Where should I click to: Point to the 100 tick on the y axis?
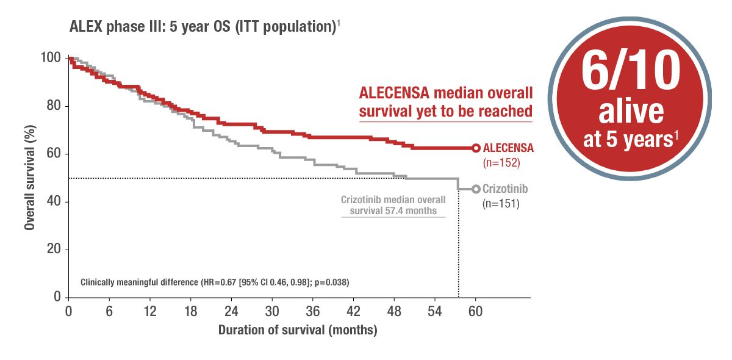click(x=52, y=58)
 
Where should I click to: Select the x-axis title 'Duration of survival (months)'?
click(x=298, y=331)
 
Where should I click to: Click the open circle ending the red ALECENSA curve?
click(x=476, y=148)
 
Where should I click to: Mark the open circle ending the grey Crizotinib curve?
click(x=476, y=189)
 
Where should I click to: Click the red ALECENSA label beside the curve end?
click(x=508, y=148)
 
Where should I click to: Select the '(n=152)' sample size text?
click(x=500, y=163)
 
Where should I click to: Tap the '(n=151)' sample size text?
click(x=500, y=204)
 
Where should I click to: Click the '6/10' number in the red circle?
click(x=631, y=72)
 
